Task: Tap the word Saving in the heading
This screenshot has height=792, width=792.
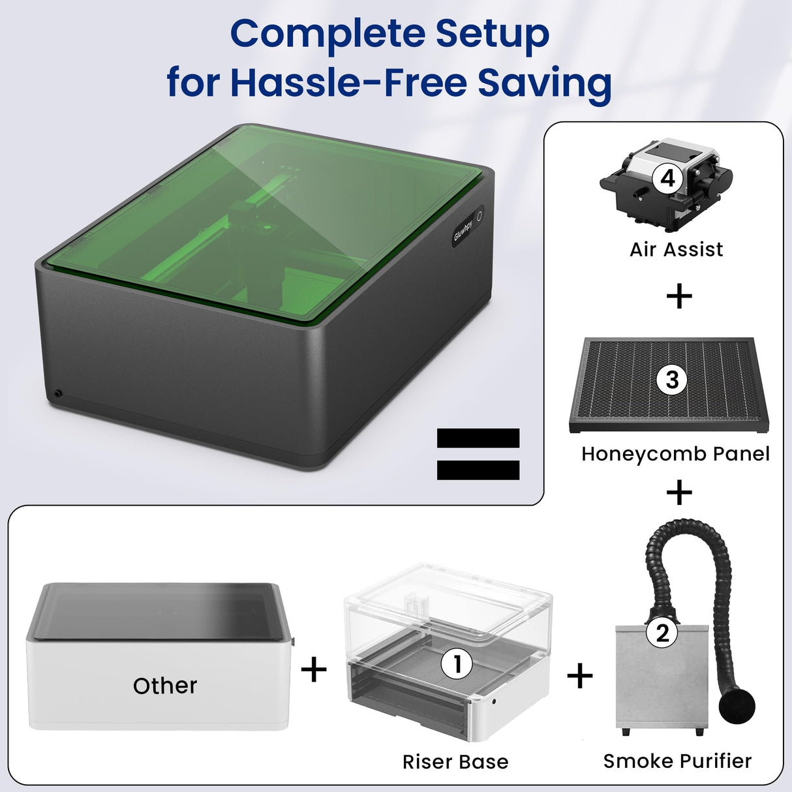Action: point(544,83)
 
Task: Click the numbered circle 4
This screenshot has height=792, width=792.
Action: point(667,177)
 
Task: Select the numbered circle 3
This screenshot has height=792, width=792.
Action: point(672,380)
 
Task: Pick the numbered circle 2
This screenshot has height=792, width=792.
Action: point(662,632)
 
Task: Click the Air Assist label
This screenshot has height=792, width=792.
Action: point(676,249)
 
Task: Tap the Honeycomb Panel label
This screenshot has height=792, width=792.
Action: point(675,453)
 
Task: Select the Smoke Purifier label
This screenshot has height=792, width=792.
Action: point(677,761)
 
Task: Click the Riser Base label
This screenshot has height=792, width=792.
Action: point(455,761)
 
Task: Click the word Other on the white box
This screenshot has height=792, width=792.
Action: point(165,686)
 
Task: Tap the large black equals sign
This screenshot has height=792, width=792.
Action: point(478,454)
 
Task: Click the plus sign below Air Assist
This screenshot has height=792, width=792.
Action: point(679,297)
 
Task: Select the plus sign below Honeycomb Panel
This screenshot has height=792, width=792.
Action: point(679,493)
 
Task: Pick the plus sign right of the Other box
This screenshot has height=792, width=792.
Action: point(314,669)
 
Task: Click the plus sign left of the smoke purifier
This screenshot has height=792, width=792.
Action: point(580,676)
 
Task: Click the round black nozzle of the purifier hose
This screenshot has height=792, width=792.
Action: point(737,705)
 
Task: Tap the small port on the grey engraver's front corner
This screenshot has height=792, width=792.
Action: point(58,393)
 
